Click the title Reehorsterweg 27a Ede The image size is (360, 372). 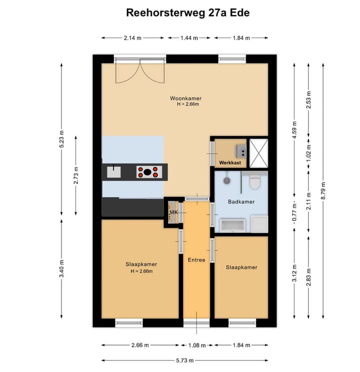pyautogui.click(x=187, y=13)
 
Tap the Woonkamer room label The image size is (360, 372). pyautogui.click(x=186, y=98)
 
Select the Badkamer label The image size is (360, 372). pyautogui.click(x=241, y=202)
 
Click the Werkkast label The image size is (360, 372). pyautogui.click(x=230, y=163)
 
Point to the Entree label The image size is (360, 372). pyautogui.click(x=196, y=260)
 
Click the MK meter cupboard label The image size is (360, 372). pyautogui.click(x=173, y=213)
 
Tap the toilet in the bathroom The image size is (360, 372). pyautogui.click(x=255, y=181)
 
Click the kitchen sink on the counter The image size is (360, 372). pyautogui.click(x=114, y=172)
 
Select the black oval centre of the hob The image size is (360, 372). pyautogui.click(x=147, y=172)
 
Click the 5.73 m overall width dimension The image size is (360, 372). pyautogui.click(x=185, y=360)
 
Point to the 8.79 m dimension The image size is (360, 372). pyautogui.click(x=323, y=191)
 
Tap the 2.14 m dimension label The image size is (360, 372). pyautogui.click(x=132, y=38)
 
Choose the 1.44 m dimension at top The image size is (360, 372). pyautogui.click(x=189, y=38)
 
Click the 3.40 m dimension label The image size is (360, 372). pyautogui.click(x=61, y=268)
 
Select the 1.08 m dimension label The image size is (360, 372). pyautogui.click(x=197, y=345)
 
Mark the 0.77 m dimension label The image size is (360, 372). pyautogui.click(x=294, y=213)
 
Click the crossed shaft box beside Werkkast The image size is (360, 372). pyautogui.click(x=259, y=154)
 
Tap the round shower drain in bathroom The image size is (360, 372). pyautogui.click(x=227, y=181)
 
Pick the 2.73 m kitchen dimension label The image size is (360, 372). pyautogui.click(x=76, y=175)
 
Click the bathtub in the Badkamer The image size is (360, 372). pyautogui.click(x=232, y=226)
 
